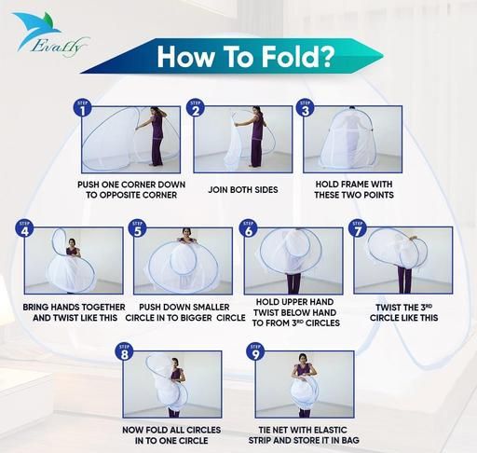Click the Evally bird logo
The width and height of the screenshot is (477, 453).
tap(49, 34)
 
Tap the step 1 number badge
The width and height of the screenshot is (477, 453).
tap(83, 108)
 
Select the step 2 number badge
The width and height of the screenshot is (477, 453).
tap(196, 108)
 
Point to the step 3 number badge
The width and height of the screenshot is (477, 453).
tap(306, 108)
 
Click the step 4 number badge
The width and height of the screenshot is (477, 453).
tap(24, 228)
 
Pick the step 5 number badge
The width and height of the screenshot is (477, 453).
tap(138, 228)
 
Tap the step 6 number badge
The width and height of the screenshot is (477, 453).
tap(248, 228)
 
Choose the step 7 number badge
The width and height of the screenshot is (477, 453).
tap(358, 228)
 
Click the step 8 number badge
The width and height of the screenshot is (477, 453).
tap(124, 351)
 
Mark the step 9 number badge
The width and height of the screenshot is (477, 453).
tap(255, 351)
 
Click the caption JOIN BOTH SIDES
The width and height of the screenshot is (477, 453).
tap(243, 189)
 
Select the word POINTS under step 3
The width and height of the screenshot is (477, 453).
tap(378, 195)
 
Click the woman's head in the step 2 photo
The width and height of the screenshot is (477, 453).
tap(256, 110)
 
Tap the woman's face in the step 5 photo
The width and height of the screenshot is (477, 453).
tap(186, 233)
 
